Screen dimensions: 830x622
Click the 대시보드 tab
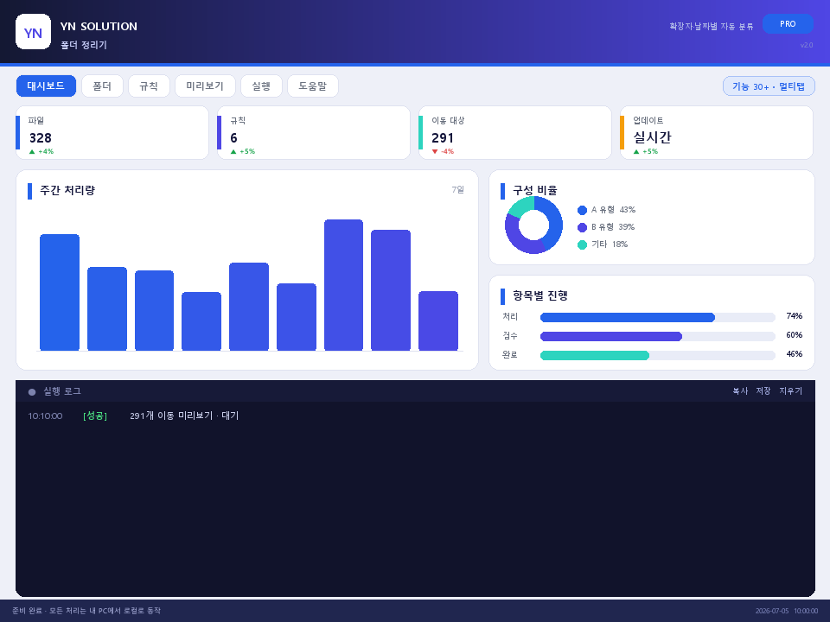pyautogui.click(x=46, y=86)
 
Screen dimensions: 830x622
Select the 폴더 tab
pyautogui.click(x=102, y=86)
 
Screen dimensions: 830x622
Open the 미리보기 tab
pyautogui.click(x=205, y=86)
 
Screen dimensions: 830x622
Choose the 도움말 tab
pyautogui.click(x=313, y=86)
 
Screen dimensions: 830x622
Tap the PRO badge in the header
pyautogui.click(x=788, y=24)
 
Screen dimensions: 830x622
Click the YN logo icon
pyautogui.click(x=34, y=32)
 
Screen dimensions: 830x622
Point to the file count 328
pyautogui.click(x=41, y=138)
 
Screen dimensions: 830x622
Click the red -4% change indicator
pyautogui.click(x=443, y=151)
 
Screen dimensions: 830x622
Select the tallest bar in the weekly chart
pyautogui.click(x=343, y=285)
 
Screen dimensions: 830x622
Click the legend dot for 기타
pyautogui.click(x=582, y=244)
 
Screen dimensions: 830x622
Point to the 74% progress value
pyautogui.click(x=794, y=316)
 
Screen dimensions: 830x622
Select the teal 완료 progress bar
pyautogui.click(x=595, y=355)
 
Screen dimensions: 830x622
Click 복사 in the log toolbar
pyautogui.click(x=740, y=390)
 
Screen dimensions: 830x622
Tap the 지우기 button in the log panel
pyautogui.click(x=791, y=390)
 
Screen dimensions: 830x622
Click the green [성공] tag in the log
pyautogui.click(x=95, y=416)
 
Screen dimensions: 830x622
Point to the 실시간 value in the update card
pyautogui.click(x=652, y=137)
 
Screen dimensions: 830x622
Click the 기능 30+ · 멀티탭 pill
pyautogui.click(x=769, y=86)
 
